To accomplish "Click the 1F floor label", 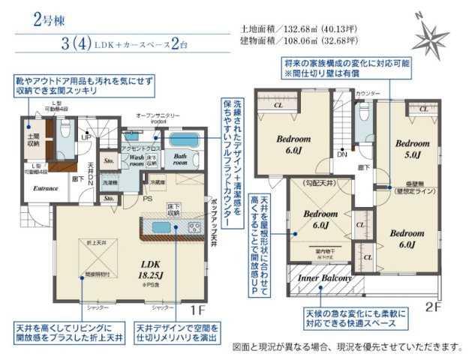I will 196,309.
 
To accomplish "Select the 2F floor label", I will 434,307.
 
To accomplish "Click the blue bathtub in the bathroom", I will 185,140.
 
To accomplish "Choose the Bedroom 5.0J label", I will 412,148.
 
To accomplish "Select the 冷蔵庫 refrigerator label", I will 157,183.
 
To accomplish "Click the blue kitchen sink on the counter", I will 161,228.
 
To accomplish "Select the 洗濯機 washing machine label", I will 110,182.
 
